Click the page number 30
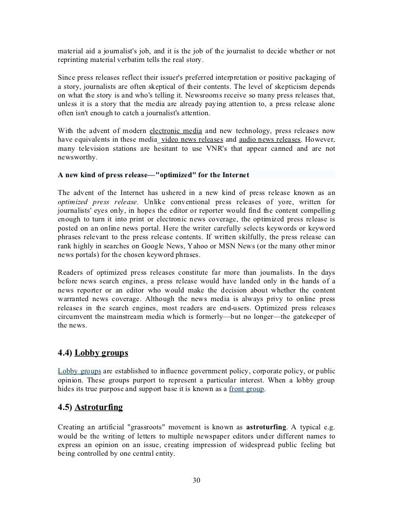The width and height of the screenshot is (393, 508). pos(196,480)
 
